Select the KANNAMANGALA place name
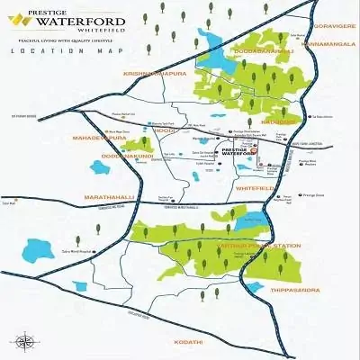click(329, 42)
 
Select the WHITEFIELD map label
click(252, 188)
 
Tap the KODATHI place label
click(192, 341)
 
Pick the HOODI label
click(165, 130)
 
